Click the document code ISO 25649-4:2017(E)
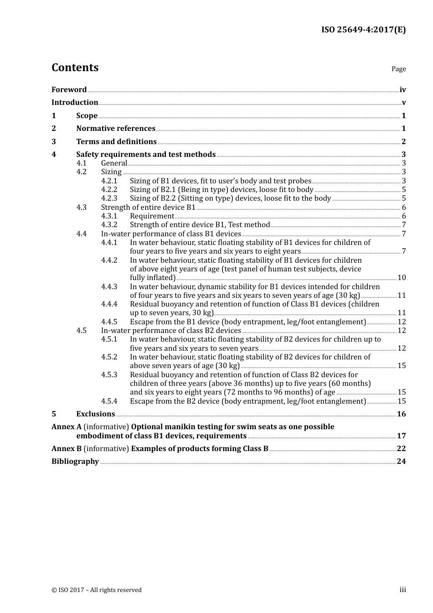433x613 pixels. (x=363, y=30)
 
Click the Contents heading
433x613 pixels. (x=75, y=68)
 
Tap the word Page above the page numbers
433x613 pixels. (x=398, y=69)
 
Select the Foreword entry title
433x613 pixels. (x=69, y=90)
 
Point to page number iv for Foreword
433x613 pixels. (x=402, y=90)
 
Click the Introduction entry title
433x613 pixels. (x=75, y=103)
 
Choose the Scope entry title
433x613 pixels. (x=87, y=116)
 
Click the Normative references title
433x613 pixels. (x=116, y=129)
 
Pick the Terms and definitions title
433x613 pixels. (x=116, y=142)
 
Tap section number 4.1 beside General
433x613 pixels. (x=81, y=163)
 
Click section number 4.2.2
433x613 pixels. (x=109, y=190)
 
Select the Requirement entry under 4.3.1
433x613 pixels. (x=152, y=216)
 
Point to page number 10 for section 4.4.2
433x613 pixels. (x=402, y=278)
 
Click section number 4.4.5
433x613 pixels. (x=109, y=322)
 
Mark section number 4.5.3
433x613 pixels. (x=109, y=375)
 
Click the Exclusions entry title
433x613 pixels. (x=95, y=414)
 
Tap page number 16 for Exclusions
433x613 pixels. (x=401, y=414)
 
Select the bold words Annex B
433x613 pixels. (x=67, y=449)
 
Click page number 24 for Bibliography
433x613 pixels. (x=401, y=462)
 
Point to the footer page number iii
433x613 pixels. (x=402, y=590)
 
